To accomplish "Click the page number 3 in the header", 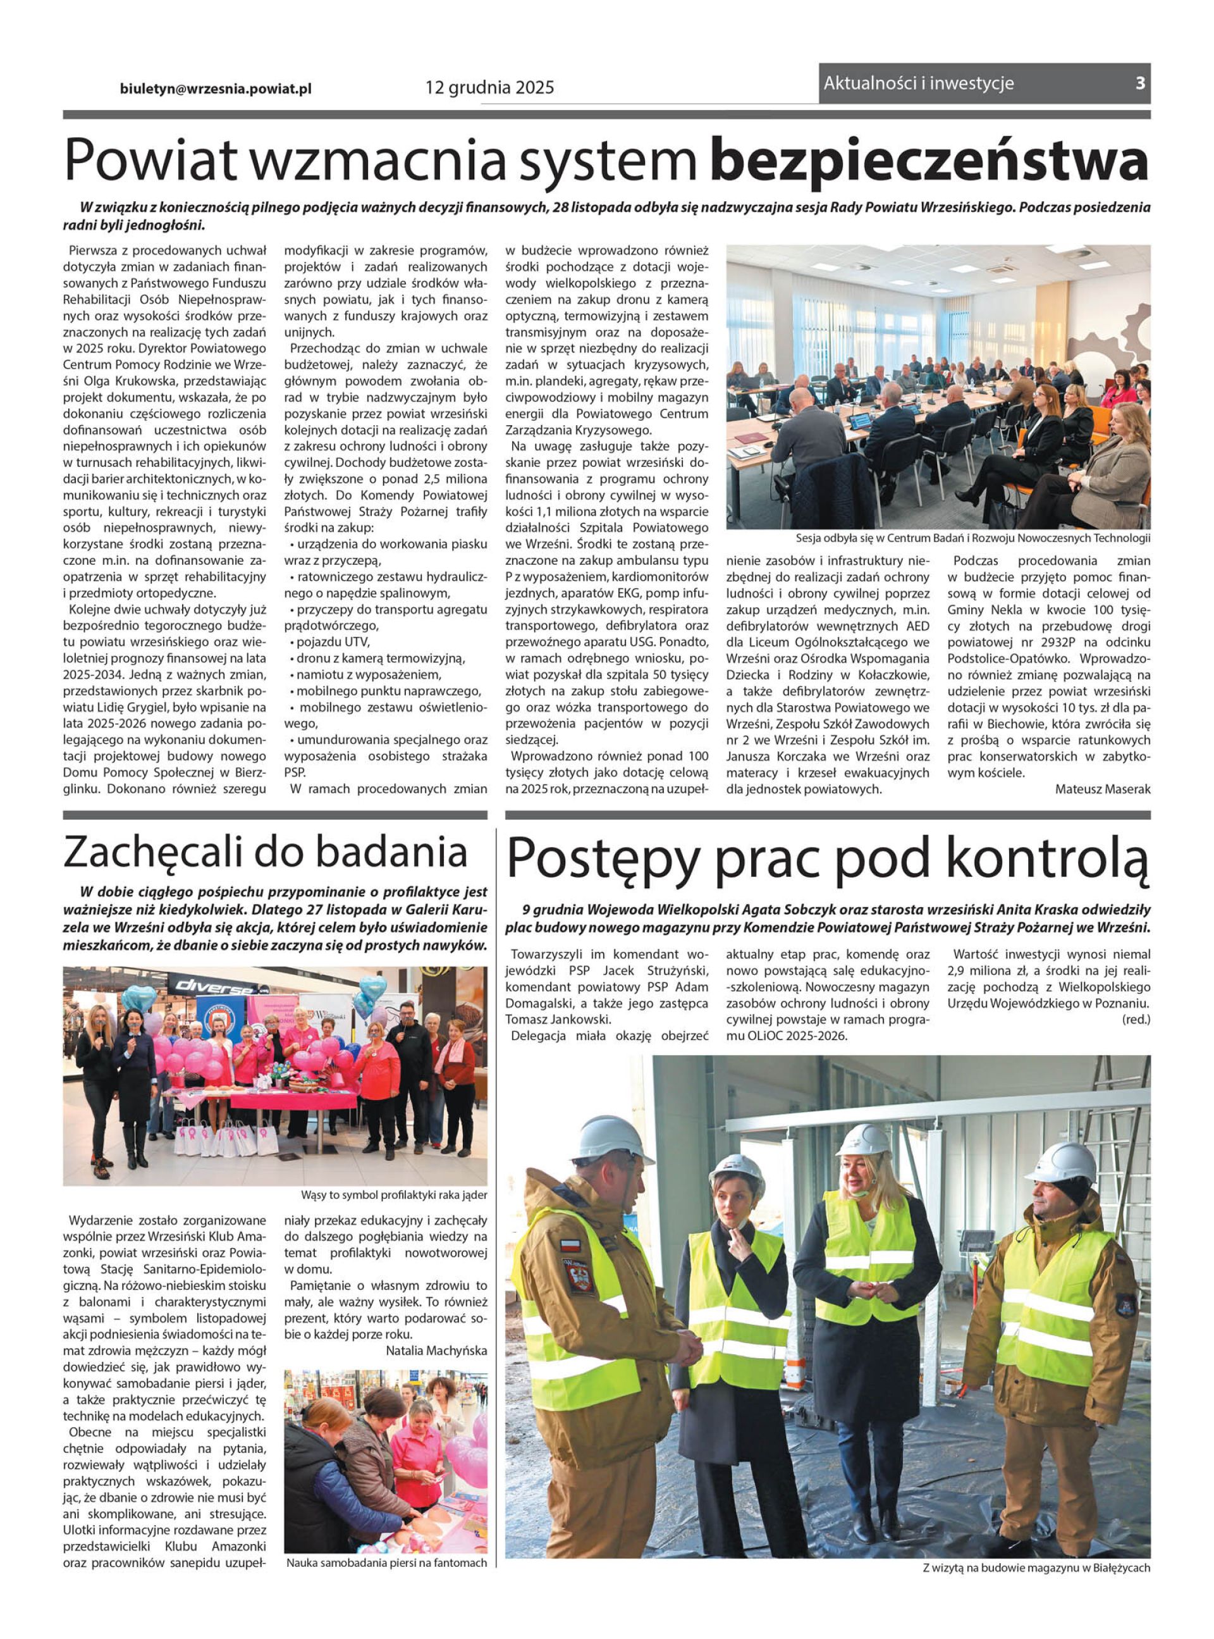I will click(x=1140, y=83).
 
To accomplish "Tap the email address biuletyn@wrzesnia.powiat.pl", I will click(x=216, y=87).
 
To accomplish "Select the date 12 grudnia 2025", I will click(x=489, y=87).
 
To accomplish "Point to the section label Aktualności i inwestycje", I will click(x=919, y=83).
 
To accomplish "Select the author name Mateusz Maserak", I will click(x=1102, y=789).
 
